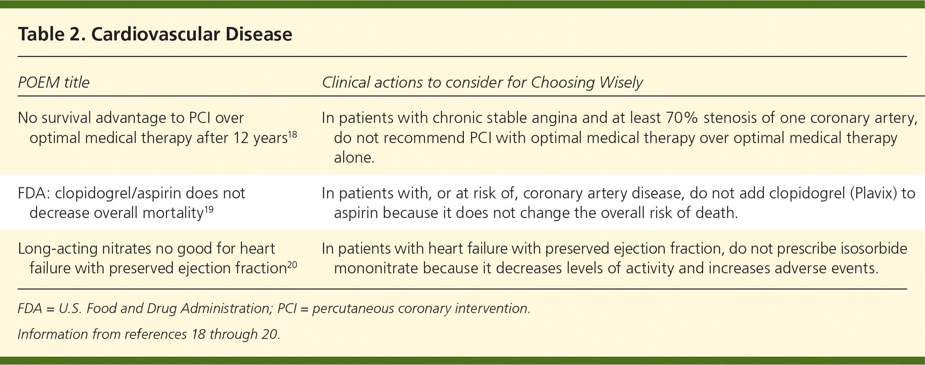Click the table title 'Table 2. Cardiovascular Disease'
[155, 34]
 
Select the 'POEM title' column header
[54, 83]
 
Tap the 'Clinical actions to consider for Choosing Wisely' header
[482, 83]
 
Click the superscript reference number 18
[292, 134]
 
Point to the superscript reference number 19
[208, 209]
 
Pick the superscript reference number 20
[292, 265]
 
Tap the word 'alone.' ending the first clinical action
[354, 158]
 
